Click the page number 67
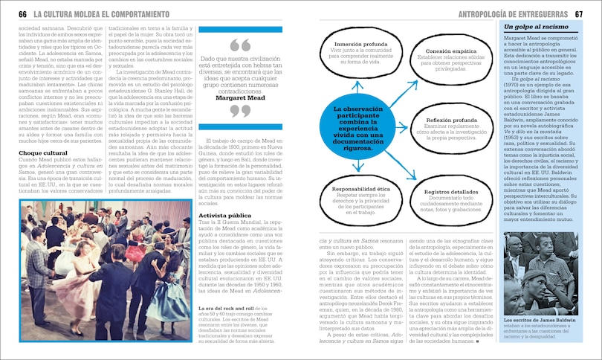point(579,14)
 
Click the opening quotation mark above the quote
point(240,45)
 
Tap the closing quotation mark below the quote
point(240,112)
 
